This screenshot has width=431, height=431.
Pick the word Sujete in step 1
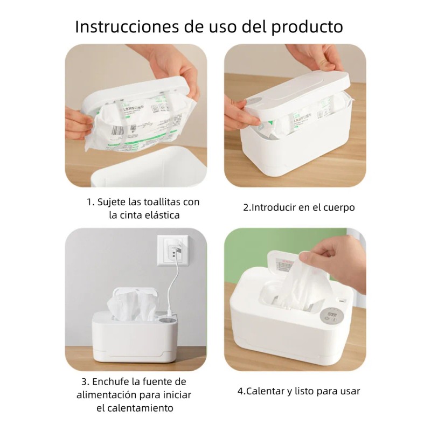(112, 203)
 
